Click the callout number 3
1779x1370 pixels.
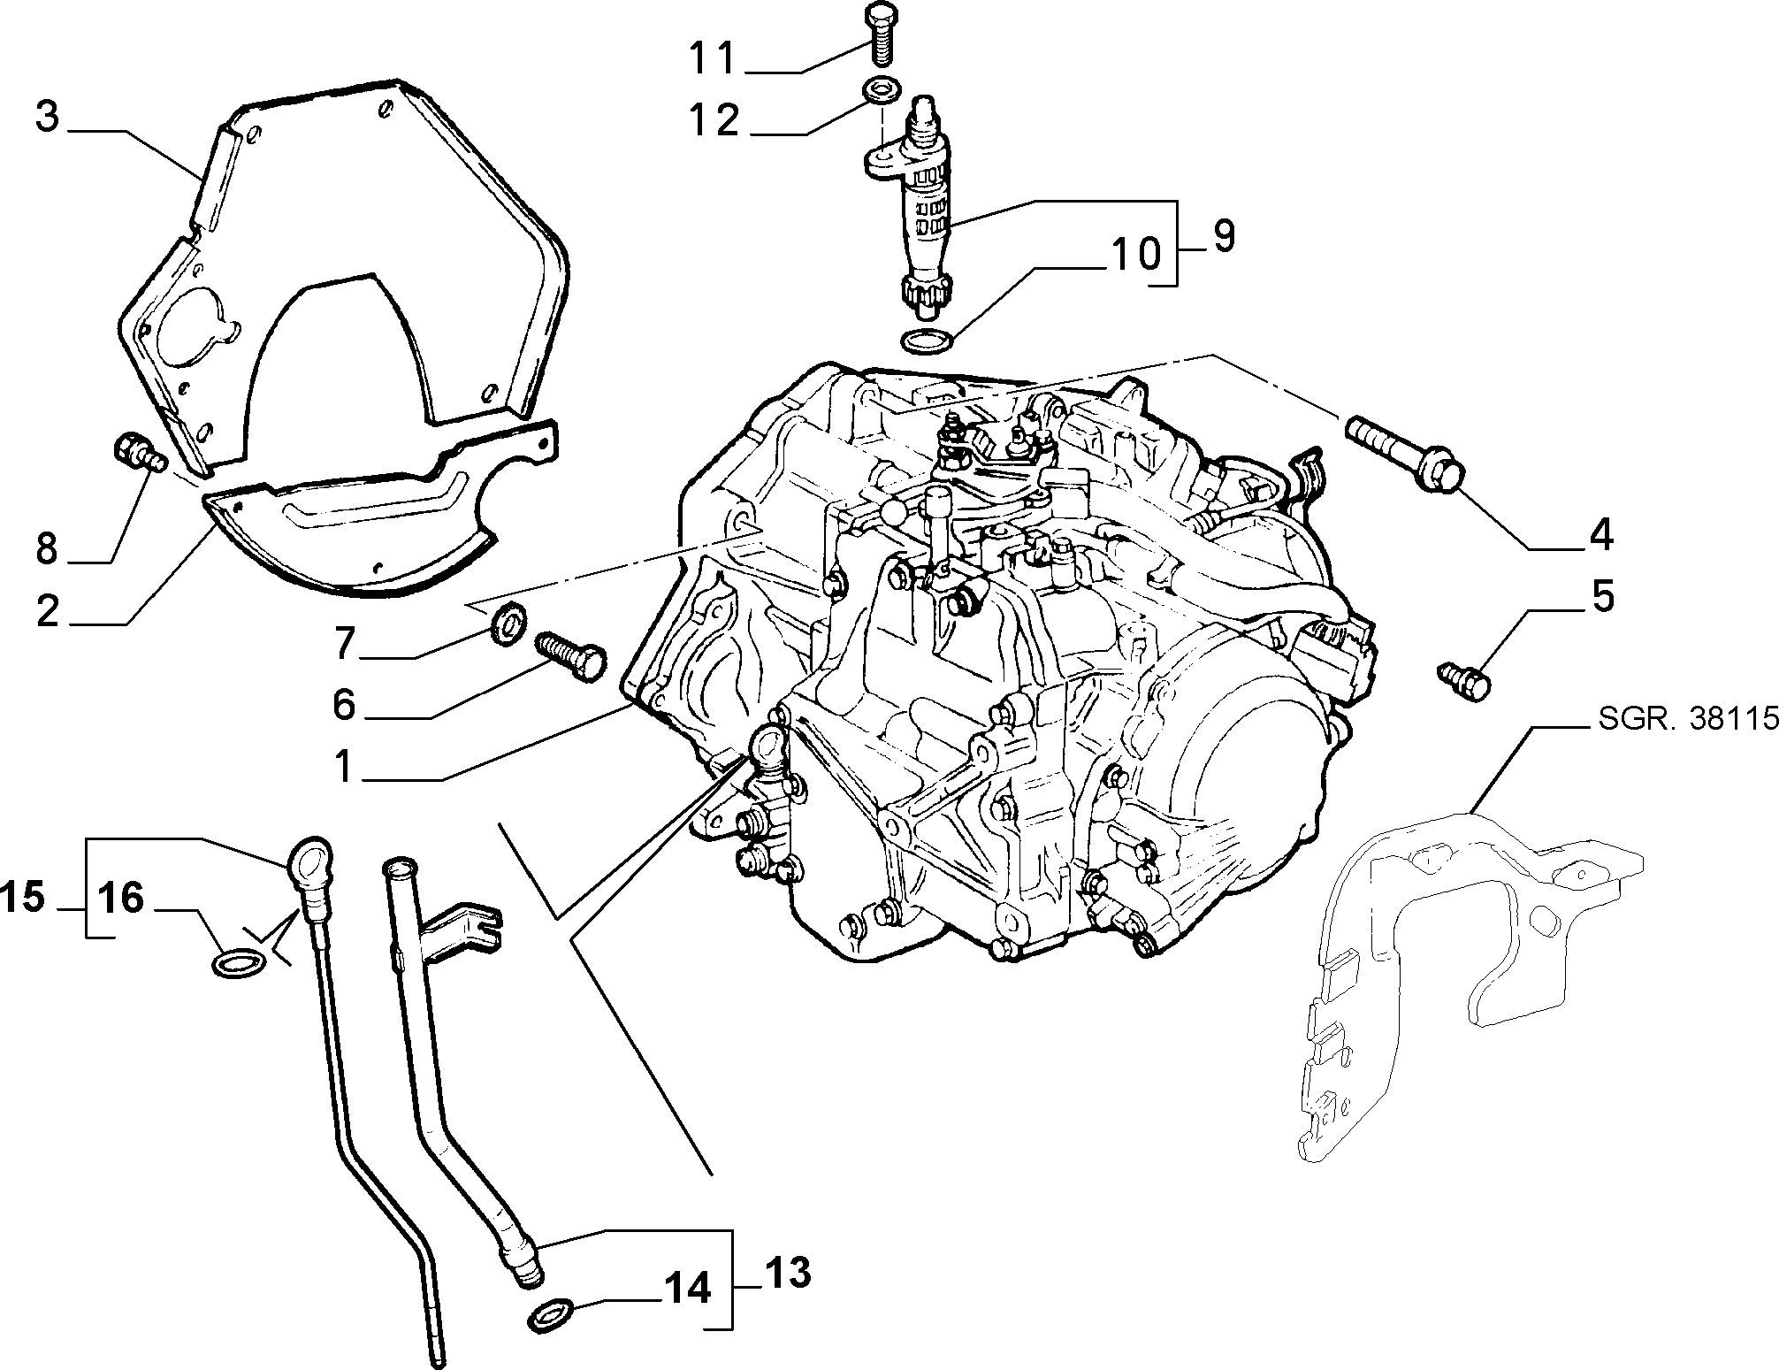[x=47, y=118]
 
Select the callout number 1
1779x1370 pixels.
[x=343, y=768]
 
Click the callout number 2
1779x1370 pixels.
[x=47, y=611]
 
